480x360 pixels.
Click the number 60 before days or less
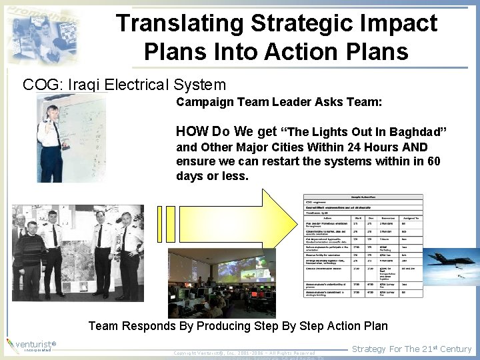(434, 161)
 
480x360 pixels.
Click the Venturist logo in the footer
(30, 345)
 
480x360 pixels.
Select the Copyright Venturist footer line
(243, 352)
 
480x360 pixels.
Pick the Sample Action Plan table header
(363, 197)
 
